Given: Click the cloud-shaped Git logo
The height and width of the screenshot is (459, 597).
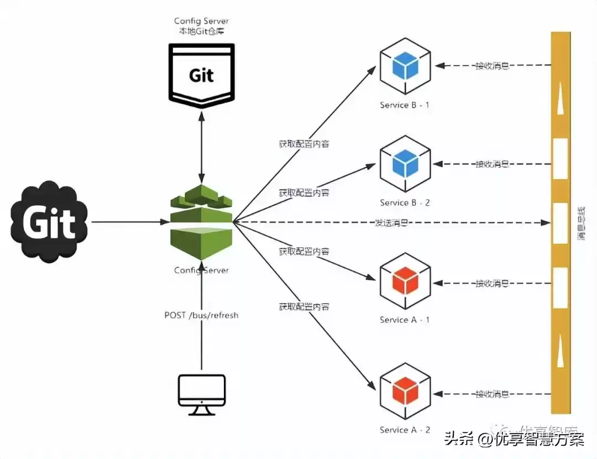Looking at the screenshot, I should tap(49, 223).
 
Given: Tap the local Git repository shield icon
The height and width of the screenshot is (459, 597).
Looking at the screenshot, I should tap(201, 75).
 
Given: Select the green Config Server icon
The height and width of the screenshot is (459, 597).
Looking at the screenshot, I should tap(201, 224).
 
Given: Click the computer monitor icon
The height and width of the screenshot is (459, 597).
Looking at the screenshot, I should tap(202, 394).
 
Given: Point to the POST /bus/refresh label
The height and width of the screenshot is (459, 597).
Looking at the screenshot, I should tap(201, 315).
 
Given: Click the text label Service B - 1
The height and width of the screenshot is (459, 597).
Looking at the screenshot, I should tap(405, 105).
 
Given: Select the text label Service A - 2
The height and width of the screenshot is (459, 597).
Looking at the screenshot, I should tap(405, 430).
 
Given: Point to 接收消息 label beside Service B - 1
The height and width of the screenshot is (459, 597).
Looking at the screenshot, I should tap(492, 66).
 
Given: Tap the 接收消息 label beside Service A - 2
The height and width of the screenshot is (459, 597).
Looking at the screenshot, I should tap(492, 394).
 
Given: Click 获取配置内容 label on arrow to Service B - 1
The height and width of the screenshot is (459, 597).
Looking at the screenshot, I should tap(304, 144).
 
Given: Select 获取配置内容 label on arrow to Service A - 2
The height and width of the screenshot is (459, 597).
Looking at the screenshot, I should tap(304, 306).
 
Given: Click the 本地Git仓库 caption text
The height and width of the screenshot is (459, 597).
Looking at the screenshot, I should tap(201, 32).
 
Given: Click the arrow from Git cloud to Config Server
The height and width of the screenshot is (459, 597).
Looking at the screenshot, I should tap(127, 222).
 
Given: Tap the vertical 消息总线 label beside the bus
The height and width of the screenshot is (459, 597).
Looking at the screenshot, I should tap(580, 224).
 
